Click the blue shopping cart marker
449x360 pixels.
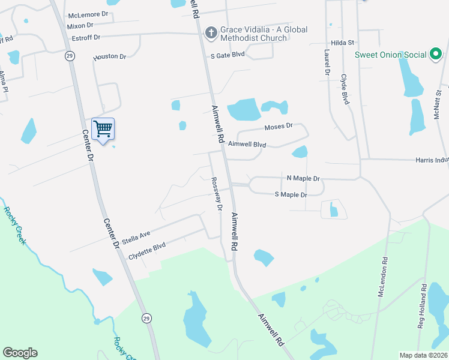pos(103,129)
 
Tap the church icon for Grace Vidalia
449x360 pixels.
pos(211,34)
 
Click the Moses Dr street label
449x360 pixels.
pos(278,127)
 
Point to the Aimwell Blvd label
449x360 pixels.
pos(247,144)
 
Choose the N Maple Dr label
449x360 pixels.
pos(303,178)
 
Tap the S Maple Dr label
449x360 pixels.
pos(291,194)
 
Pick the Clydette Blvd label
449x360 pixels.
pos(146,251)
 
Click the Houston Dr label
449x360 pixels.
pos(110,57)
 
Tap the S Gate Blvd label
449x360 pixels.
pos(228,55)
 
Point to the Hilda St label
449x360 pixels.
pos(343,43)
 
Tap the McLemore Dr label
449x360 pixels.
pos(88,14)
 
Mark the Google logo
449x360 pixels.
pos(20,353)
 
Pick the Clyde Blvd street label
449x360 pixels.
pos(345,89)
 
